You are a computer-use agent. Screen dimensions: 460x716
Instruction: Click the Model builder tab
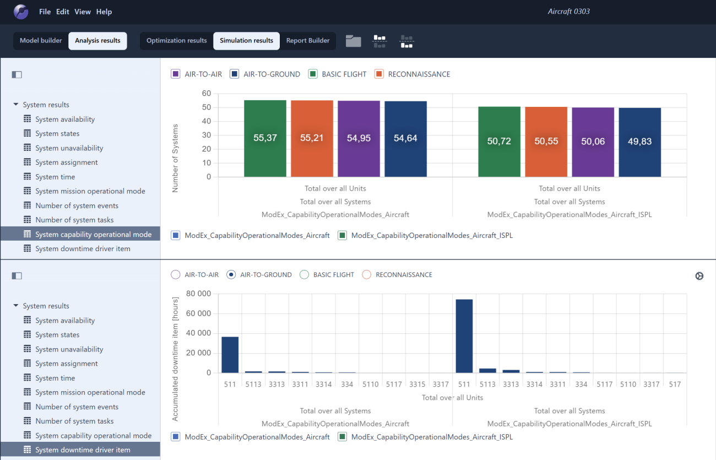click(41, 41)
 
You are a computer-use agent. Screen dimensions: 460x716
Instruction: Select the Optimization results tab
click(176, 41)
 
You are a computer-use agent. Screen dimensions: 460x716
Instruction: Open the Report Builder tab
click(307, 41)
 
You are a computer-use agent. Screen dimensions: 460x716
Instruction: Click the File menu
click(45, 12)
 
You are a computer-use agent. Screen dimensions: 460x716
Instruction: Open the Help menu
click(104, 12)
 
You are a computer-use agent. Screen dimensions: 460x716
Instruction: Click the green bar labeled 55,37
click(265, 138)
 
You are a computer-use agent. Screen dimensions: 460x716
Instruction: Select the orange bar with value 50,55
click(546, 142)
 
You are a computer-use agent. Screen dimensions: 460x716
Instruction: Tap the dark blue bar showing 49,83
click(639, 142)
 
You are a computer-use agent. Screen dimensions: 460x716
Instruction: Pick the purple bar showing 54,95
click(359, 139)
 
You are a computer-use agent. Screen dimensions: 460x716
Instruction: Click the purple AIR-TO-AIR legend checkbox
click(176, 74)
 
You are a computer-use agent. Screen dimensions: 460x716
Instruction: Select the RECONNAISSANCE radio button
click(367, 274)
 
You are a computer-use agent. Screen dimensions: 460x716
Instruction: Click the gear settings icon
click(699, 276)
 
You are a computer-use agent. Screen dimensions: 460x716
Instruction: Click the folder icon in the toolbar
click(353, 41)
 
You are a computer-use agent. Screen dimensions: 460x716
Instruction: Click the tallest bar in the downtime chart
click(464, 336)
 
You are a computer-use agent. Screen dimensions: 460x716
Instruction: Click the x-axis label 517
click(675, 385)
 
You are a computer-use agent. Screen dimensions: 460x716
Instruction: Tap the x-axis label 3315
click(417, 385)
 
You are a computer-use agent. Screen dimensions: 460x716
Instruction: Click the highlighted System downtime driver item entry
click(83, 450)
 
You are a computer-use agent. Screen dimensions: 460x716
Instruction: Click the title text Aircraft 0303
click(568, 12)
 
